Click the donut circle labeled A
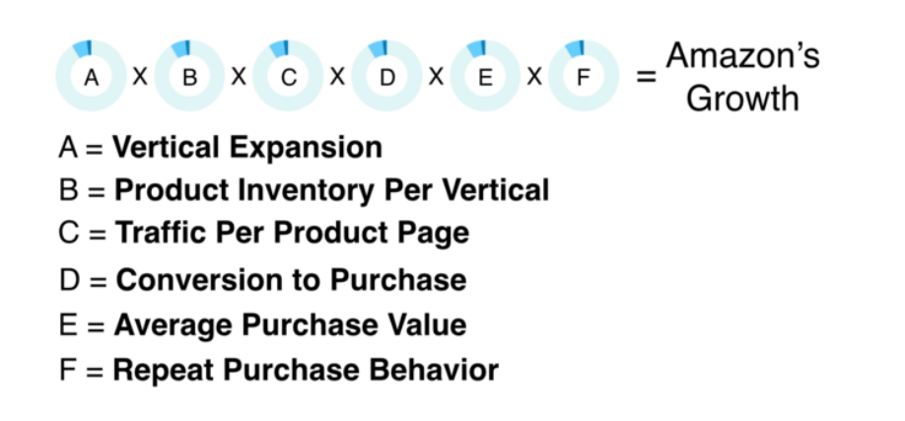pos(91,76)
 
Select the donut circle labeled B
pos(189,76)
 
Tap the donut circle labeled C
pos(288,76)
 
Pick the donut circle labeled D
pos(386,76)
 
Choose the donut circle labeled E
pos(485,76)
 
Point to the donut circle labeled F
pos(584,76)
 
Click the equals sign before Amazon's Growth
pos(646,76)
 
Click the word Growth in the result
pos(742,99)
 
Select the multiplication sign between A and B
pos(140,76)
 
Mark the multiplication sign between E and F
pos(534,76)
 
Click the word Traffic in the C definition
pos(161,233)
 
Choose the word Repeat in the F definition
pos(158,371)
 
